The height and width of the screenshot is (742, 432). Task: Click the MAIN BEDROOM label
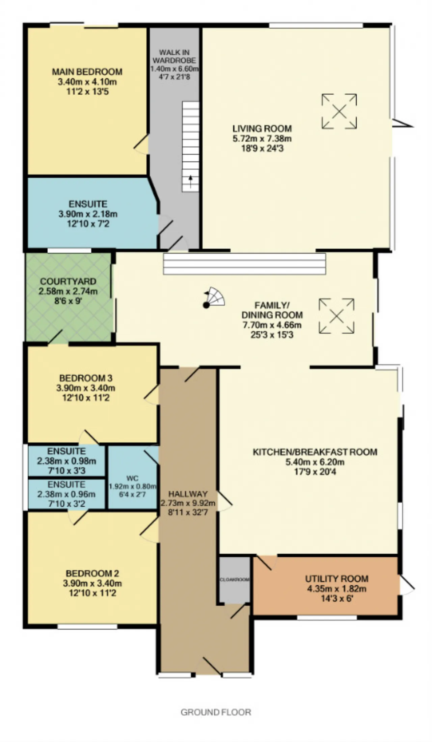tap(87, 72)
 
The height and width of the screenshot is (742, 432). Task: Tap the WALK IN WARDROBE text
tap(174, 56)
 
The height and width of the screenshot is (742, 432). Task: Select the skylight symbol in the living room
tap(339, 111)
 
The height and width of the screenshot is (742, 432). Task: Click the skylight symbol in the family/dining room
tap(336, 316)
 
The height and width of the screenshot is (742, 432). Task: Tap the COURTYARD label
tap(68, 281)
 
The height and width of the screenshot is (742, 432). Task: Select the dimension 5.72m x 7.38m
tap(262, 138)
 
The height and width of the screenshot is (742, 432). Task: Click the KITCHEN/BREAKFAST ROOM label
tap(315, 452)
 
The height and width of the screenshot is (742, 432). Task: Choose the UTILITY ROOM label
tap(336, 579)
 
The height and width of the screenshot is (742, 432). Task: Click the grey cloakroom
tap(235, 580)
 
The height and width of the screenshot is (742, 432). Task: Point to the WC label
tap(132, 478)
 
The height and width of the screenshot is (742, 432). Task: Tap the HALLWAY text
tap(188, 494)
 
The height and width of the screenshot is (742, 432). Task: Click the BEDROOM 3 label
tap(86, 378)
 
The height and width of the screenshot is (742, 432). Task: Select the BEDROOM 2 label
tap(92, 573)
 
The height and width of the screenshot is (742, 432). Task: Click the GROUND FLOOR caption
tap(216, 712)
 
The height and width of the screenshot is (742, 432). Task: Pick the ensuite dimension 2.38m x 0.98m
tap(66, 461)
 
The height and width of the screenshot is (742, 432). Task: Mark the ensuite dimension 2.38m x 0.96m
tap(66, 494)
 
